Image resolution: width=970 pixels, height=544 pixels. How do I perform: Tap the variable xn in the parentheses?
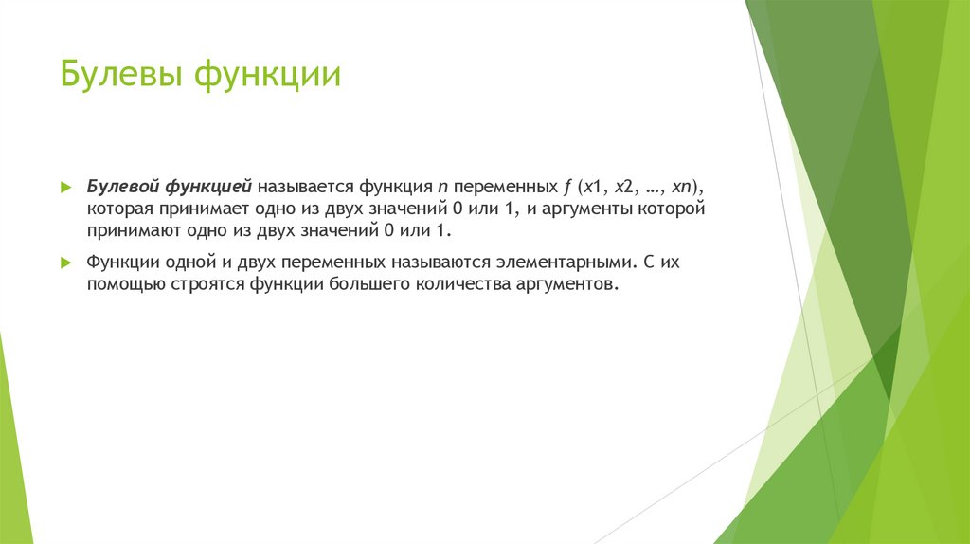[x=686, y=186]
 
